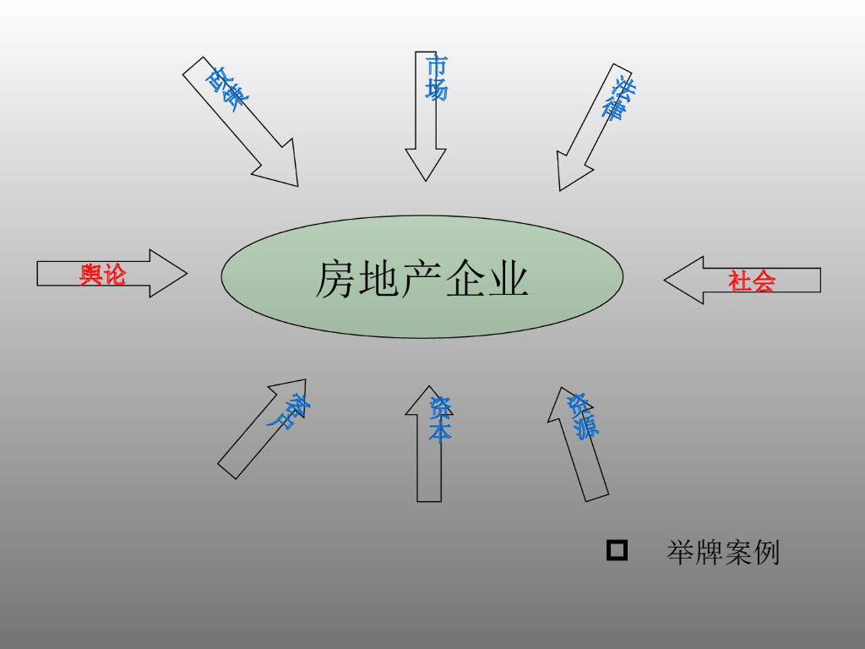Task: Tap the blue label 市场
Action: point(437,78)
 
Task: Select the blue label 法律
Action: point(619,99)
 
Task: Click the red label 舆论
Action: point(102,274)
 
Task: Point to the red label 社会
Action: point(752,281)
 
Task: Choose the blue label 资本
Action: point(440,420)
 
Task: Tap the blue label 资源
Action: point(583,416)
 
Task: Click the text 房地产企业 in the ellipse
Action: point(422,278)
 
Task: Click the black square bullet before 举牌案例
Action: point(617,551)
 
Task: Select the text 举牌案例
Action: point(723,553)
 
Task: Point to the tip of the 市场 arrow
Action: point(425,178)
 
